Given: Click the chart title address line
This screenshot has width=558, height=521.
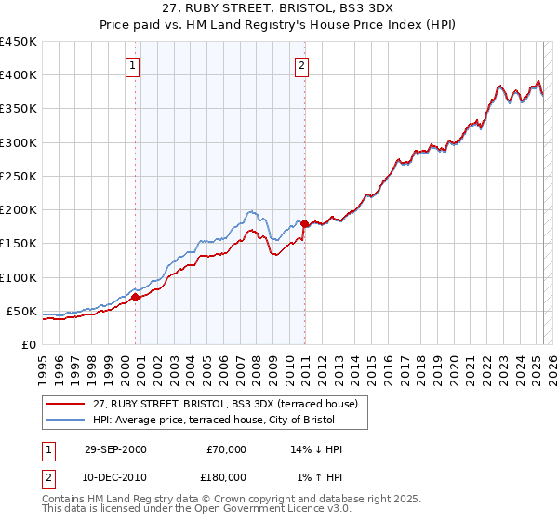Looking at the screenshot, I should click(279, 7).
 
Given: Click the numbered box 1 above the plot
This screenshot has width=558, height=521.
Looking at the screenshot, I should click(135, 65).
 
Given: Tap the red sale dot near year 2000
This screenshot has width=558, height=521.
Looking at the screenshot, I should click(136, 297).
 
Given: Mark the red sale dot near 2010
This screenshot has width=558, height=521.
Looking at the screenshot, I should click(305, 222).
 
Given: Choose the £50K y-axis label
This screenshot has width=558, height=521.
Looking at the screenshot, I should click(22, 311).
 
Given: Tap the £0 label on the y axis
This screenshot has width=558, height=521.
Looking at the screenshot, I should click(30, 344).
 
